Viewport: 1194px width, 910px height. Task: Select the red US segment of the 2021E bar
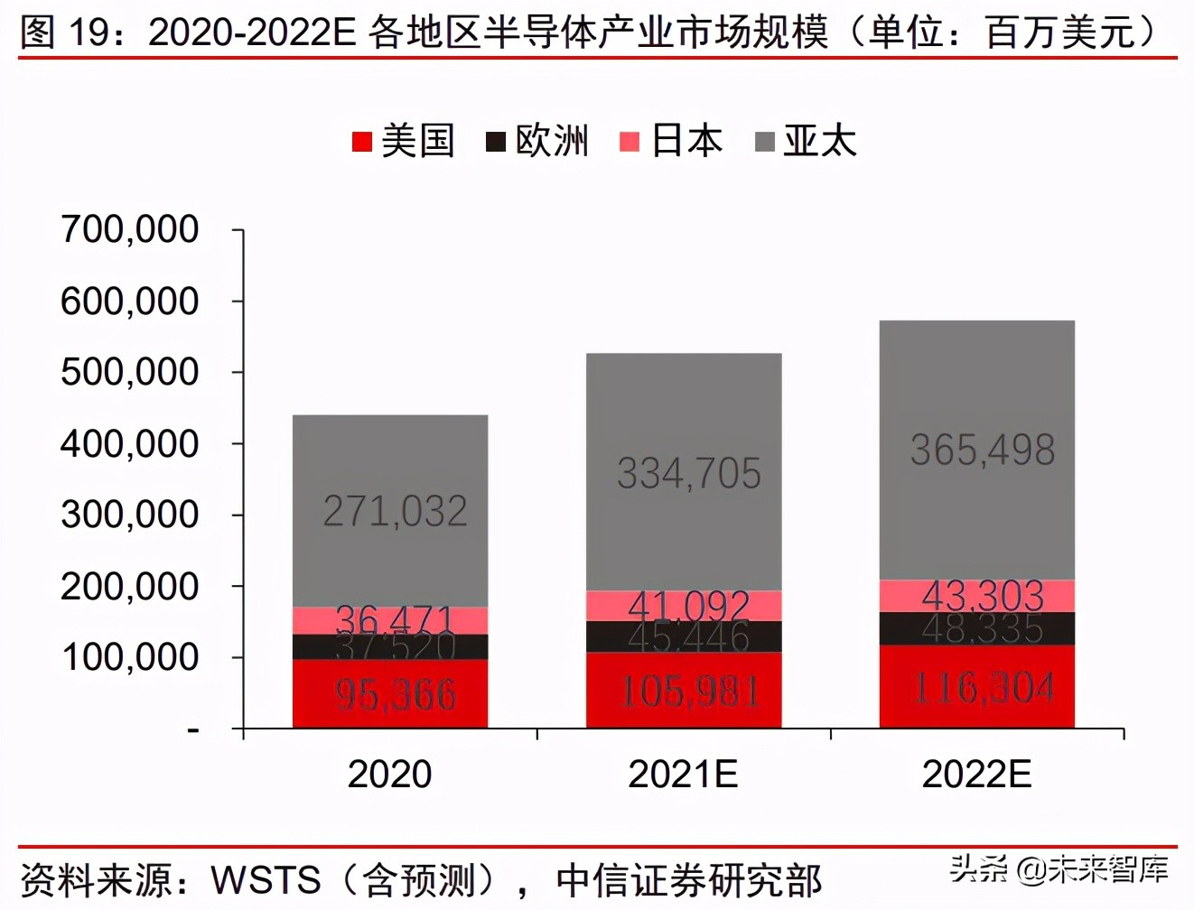(x=684, y=692)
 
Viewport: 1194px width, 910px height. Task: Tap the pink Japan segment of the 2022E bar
(x=977, y=595)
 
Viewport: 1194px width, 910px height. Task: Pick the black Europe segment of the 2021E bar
(x=684, y=636)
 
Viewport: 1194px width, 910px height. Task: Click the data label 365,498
(x=983, y=450)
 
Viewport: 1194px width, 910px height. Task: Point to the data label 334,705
(x=689, y=473)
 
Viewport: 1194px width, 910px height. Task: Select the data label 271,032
(x=396, y=512)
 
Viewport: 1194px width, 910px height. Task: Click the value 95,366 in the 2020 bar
(x=396, y=695)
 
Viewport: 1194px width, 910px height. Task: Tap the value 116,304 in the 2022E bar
(x=983, y=689)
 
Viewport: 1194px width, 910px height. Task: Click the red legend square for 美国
(x=361, y=142)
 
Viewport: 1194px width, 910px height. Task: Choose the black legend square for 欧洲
(x=495, y=142)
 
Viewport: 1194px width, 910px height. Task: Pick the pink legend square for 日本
(x=630, y=142)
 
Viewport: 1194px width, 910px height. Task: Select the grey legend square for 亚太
(x=764, y=142)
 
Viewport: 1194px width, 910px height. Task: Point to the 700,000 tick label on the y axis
(x=129, y=229)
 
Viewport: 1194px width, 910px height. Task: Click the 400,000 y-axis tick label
(x=129, y=443)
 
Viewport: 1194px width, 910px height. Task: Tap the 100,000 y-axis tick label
(x=129, y=657)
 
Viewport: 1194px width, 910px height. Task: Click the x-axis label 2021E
(x=683, y=774)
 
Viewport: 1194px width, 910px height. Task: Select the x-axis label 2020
(x=390, y=774)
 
